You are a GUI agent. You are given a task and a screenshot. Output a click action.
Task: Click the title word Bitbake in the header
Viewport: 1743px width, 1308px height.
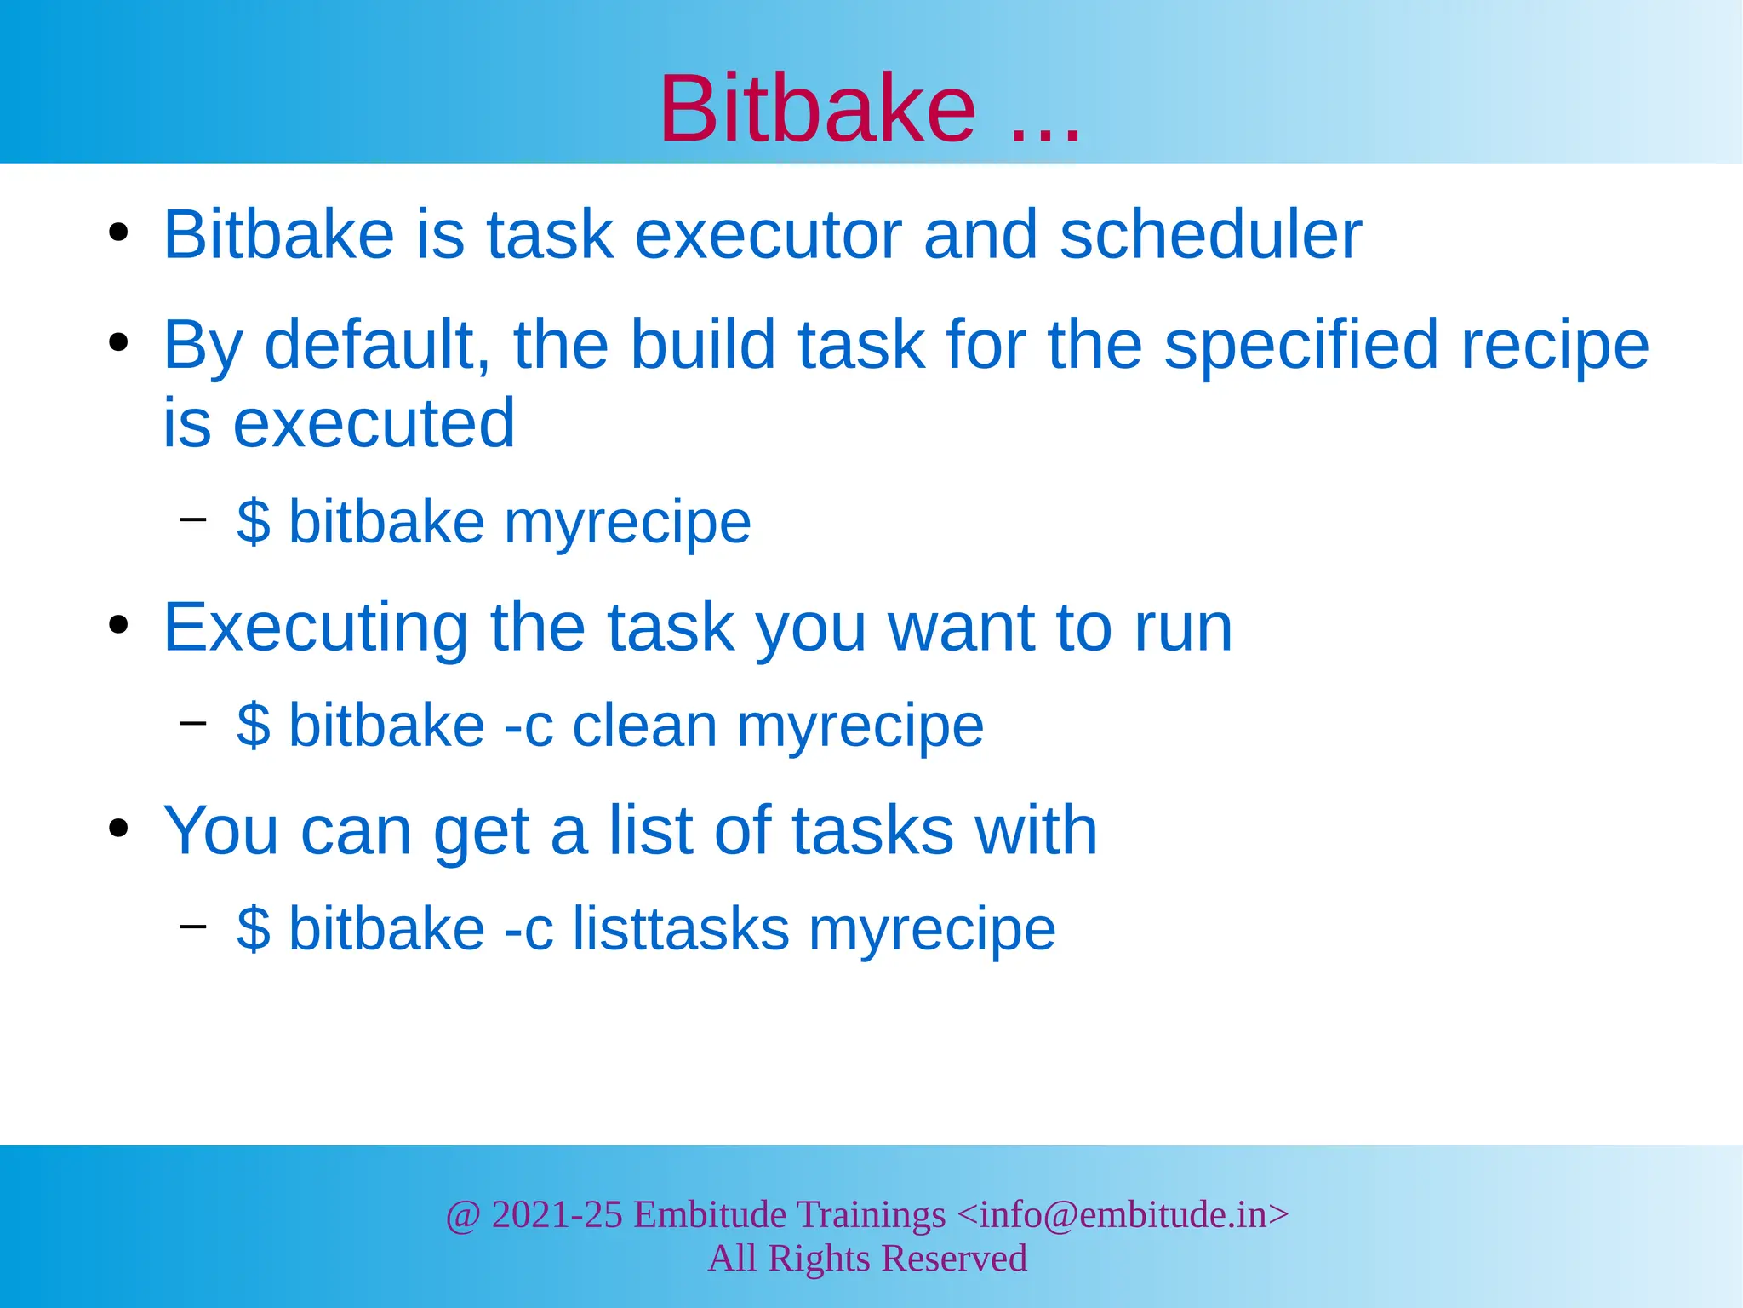817,109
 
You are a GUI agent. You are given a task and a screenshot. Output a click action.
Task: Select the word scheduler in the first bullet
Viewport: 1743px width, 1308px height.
1210,234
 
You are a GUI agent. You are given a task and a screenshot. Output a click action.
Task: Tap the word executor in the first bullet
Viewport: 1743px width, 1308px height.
769,236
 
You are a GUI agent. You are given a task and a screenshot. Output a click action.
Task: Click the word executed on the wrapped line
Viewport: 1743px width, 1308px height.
374,423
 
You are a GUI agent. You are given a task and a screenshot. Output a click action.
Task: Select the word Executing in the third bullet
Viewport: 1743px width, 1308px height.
316,628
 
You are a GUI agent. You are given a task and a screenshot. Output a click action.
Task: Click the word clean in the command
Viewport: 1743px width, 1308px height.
645,726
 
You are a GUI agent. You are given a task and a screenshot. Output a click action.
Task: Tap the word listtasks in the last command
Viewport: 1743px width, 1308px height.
681,928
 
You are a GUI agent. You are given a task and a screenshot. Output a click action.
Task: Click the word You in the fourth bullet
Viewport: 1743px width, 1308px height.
221,830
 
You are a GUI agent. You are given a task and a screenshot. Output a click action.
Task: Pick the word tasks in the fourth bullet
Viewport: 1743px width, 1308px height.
872,830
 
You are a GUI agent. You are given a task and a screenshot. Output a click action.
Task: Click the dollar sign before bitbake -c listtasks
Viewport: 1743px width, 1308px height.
254,928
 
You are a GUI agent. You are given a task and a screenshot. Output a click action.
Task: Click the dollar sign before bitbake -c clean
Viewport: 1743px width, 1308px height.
254,726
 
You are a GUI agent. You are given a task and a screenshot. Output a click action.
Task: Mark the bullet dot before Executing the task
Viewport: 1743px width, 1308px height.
118,625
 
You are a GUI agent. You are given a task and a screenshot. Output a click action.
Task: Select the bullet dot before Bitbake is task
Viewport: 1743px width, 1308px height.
118,232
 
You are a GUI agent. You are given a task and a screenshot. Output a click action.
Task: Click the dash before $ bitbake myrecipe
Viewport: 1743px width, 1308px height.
193,518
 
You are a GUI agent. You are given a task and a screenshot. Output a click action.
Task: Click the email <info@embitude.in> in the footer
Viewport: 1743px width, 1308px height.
1123,1214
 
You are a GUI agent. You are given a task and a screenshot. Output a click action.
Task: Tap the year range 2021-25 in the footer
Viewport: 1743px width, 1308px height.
557,1214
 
